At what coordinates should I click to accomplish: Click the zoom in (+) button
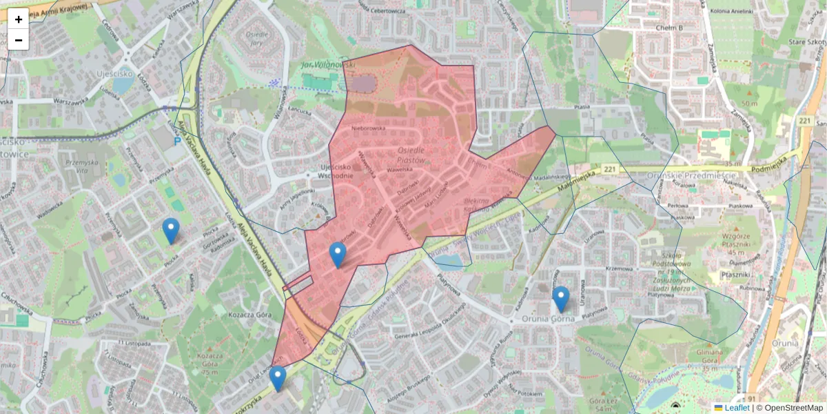[19, 19]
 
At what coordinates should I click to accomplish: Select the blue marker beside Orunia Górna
[561, 299]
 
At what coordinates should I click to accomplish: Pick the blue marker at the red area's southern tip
[278, 378]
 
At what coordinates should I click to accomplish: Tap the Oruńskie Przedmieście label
[693, 175]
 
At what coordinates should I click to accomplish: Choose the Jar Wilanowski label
[327, 64]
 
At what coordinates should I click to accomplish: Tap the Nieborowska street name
[367, 128]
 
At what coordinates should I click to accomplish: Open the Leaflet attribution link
[737, 408]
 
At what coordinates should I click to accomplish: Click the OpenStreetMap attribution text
[793, 408]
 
